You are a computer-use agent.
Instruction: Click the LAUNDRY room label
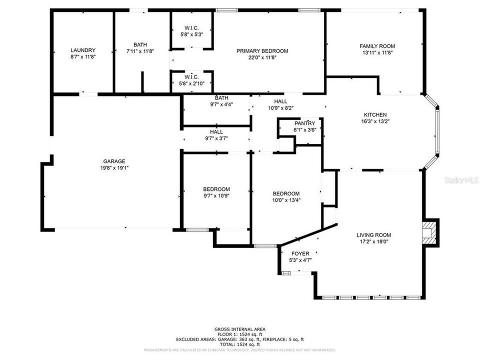[x=83, y=50]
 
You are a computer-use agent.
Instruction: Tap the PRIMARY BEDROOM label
[x=262, y=50]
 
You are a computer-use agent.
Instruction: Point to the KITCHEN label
[x=375, y=114]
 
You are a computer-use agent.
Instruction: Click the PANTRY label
[x=304, y=123]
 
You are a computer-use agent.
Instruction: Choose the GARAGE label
[x=114, y=161]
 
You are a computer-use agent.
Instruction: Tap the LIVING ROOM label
[x=373, y=235]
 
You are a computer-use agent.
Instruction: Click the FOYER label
[x=300, y=253]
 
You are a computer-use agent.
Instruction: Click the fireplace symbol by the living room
[x=429, y=233]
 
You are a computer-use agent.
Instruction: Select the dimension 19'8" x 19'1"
[x=114, y=168]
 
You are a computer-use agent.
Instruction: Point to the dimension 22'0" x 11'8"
[x=262, y=57]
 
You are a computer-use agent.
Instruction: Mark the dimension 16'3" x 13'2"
[x=375, y=121]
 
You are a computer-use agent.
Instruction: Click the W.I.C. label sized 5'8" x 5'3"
[x=191, y=27]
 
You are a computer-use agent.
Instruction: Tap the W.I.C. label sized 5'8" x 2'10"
[x=191, y=77]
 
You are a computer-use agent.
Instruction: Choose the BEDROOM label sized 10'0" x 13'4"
[x=285, y=193]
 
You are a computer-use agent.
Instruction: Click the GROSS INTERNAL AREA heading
[x=239, y=329]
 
